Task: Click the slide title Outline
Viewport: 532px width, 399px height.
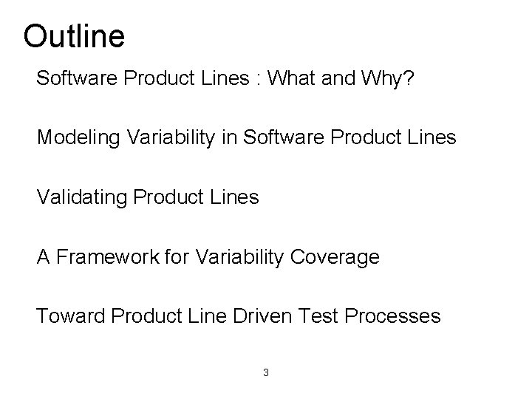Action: click(74, 35)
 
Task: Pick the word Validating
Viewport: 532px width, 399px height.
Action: click(81, 197)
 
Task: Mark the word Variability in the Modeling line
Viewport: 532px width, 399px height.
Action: click(171, 138)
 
